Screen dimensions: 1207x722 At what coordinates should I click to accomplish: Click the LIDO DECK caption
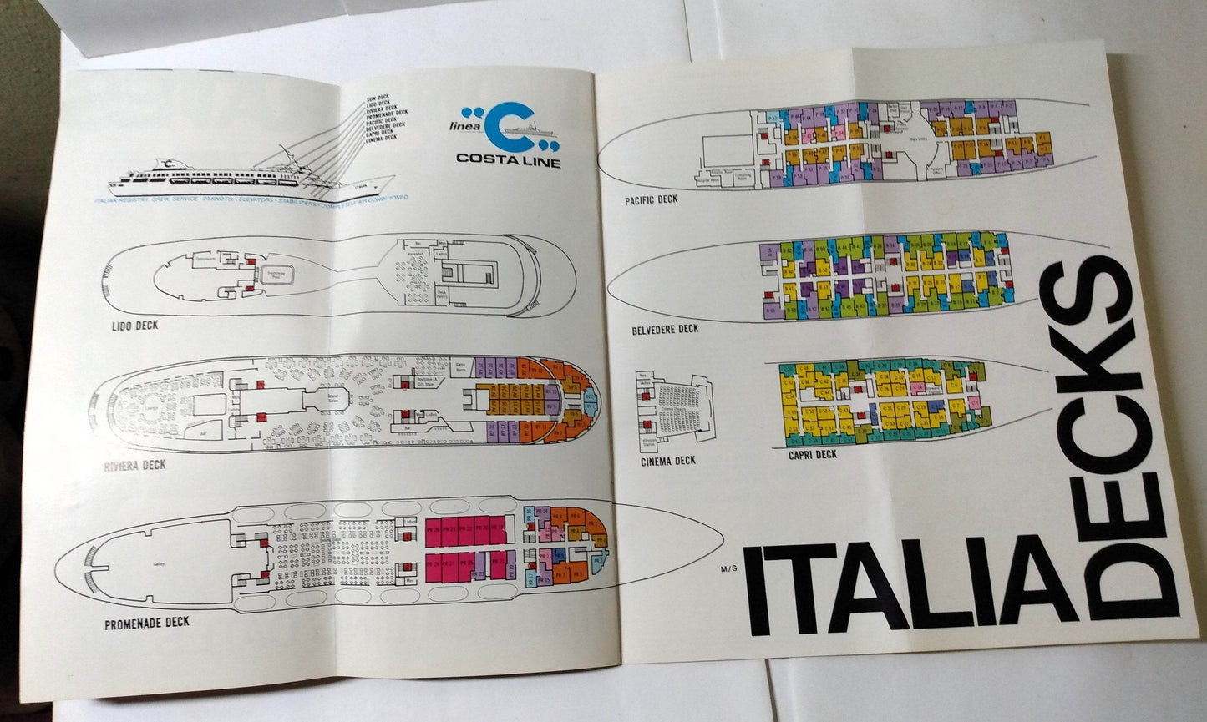(134, 326)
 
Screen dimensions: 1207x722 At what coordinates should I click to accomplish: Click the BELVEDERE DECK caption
(665, 329)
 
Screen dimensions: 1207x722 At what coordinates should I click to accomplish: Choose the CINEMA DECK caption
(667, 461)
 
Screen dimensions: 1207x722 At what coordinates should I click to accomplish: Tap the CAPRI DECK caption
(812, 455)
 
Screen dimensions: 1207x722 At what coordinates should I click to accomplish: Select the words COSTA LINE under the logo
(508, 160)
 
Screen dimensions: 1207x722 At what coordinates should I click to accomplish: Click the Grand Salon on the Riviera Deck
(332, 396)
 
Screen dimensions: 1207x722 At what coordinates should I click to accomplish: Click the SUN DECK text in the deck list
(378, 98)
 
